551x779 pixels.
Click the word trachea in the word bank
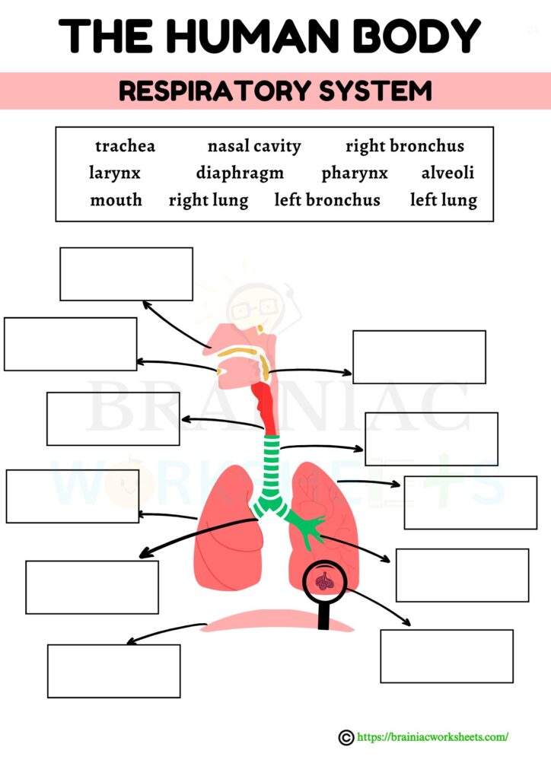[125, 146]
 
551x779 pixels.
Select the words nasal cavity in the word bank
[254, 146]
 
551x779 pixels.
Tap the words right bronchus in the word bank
[404, 146]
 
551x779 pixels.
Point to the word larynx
[115, 173]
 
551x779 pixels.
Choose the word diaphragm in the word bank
[240, 173]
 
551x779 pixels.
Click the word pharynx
[355, 173]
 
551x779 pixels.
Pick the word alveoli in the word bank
[447, 173]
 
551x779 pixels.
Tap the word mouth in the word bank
[116, 201]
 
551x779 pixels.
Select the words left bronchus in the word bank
[327, 201]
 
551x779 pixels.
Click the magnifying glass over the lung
[325, 582]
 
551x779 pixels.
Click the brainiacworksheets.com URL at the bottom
[432, 736]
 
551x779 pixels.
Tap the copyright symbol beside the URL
[346, 736]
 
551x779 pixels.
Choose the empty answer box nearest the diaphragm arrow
[113, 671]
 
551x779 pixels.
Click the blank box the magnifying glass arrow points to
[446, 656]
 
